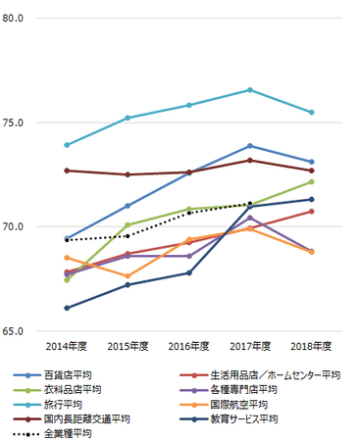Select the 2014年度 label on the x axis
click(x=66, y=346)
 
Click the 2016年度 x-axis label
click(x=188, y=346)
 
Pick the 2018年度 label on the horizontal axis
click(x=311, y=346)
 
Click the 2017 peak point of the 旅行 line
click(x=250, y=90)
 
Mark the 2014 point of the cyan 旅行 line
click(x=67, y=145)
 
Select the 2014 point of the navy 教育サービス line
click(x=67, y=308)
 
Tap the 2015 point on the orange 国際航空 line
click(x=128, y=275)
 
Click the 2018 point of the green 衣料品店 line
click(x=311, y=181)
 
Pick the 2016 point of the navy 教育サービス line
click(x=188, y=272)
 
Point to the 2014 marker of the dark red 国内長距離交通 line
click(x=67, y=171)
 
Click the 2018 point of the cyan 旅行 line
click(x=311, y=113)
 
